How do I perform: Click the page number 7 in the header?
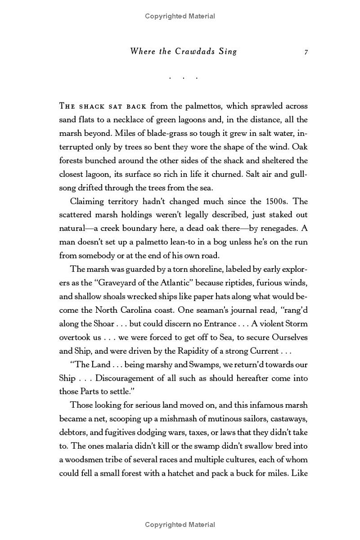pyautogui.click(x=306, y=52)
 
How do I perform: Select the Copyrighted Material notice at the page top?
pyautogui.click(x=180, y=16)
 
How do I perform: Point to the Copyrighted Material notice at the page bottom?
pyautogui.click(x=180, y=524)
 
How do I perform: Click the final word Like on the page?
pyautogui.click(x=300, y=473)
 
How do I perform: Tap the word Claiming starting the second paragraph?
pyautogui.click(x=88, y=201)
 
